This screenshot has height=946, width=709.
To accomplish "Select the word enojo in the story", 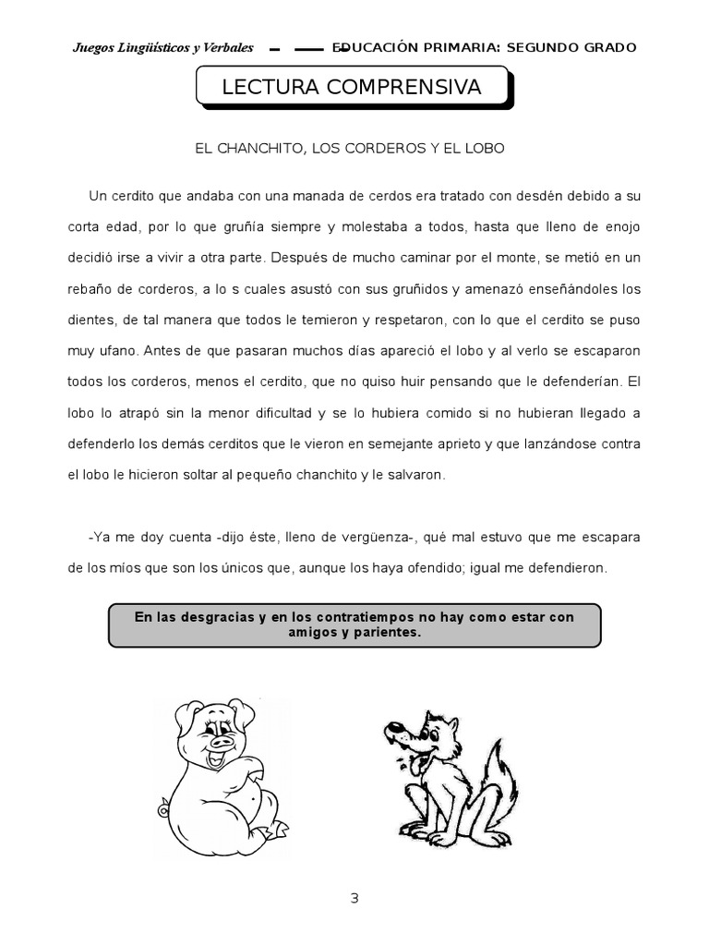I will pyautogui.click(x=619, y=226).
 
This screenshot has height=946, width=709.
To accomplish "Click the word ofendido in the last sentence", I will pyautogui.click(x=432, y=568).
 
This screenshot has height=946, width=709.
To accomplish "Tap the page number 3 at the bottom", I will pyautogui.click(x=354, y=900).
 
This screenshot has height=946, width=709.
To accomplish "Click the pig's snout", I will pyautogui.click(x=222, y=740).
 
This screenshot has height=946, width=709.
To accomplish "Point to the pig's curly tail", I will pyautogui.click(x=164, y=811).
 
